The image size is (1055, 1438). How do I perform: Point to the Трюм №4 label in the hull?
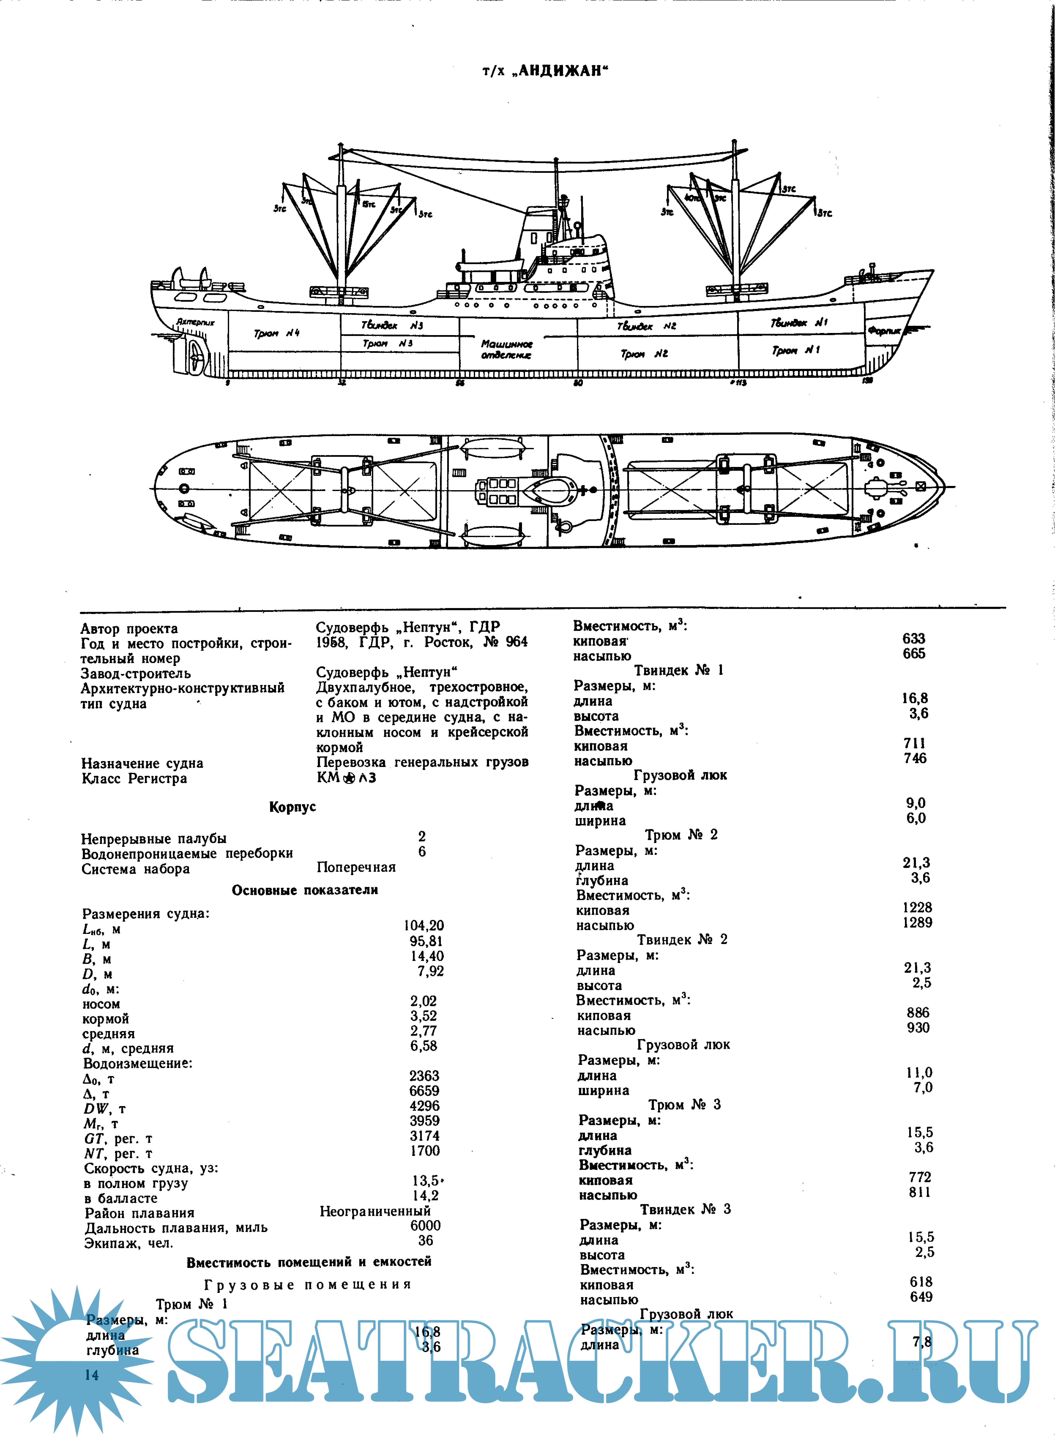tap(276, 333)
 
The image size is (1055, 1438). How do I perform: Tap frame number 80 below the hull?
tap(578, 383)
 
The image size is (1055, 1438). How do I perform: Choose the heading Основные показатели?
tap(305, 890)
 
